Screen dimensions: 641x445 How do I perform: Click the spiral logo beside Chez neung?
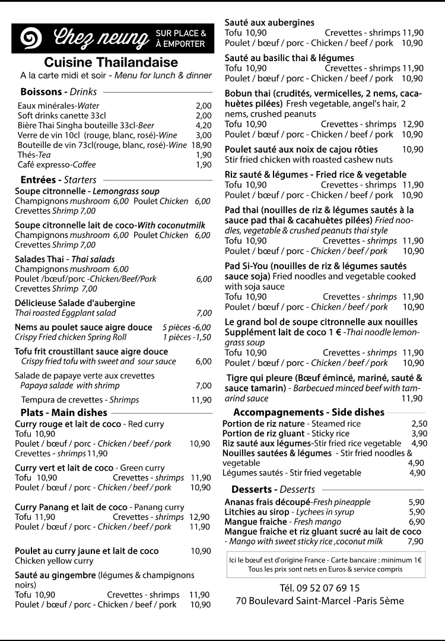31,39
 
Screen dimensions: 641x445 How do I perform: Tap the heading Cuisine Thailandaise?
111,63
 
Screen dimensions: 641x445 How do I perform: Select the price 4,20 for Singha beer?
204,125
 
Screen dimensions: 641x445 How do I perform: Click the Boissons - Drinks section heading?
59,92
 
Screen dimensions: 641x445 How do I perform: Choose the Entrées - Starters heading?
58,179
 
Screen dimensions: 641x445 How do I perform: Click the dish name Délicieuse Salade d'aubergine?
75,303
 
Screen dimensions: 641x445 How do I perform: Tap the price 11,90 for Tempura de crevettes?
201,400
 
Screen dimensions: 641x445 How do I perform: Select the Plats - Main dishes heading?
63,412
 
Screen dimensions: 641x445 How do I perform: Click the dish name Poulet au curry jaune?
87,551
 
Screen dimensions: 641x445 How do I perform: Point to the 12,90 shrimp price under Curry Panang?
200,517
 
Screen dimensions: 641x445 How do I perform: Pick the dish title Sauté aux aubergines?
269,23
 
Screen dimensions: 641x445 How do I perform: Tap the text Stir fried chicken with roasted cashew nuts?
309,160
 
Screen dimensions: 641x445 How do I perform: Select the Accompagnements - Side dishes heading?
309,412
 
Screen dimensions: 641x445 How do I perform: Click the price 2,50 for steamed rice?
419,424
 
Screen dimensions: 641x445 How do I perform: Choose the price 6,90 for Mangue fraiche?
417,522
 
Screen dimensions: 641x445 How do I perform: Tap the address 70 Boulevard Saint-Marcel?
320,601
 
